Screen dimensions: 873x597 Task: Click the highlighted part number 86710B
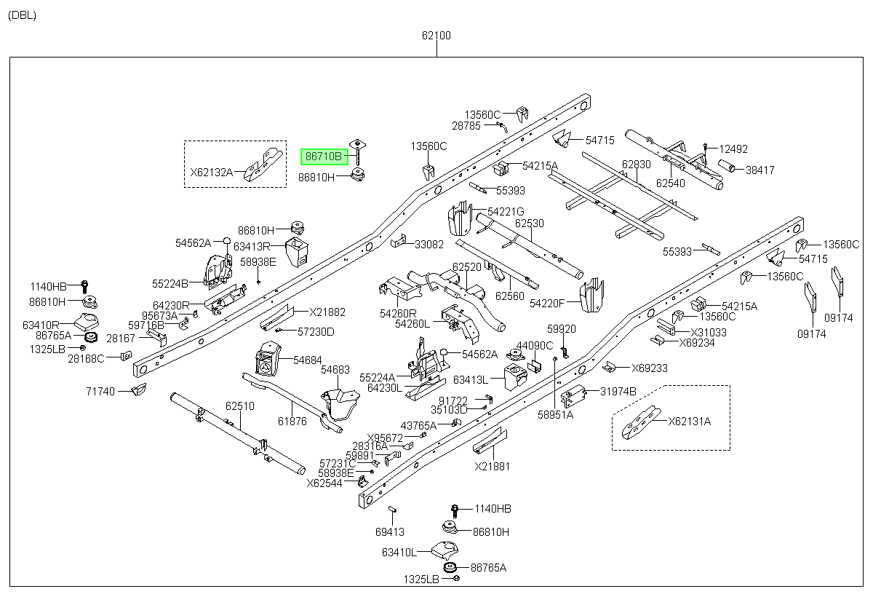click(x=324, y=157)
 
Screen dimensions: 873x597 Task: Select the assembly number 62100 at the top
click(x=436, y=36)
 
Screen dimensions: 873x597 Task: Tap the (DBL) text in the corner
click(x=23, y=15)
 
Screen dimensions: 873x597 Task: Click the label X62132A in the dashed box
click(x=211, y=173)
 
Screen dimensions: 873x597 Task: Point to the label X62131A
click(x=690, y=422)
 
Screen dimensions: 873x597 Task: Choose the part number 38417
click(x=760, y=170)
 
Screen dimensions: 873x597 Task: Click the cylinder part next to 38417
click(x=727, y=166)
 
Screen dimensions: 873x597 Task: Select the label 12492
click(x=733, y=149)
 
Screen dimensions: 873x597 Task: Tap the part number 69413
click(x=390, y=532)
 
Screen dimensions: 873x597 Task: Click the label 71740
click(x=100, y=391)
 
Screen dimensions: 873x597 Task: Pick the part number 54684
click(x=308, y=360)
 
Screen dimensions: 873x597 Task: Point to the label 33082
click(x=429, y=245)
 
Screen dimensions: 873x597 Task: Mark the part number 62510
click(x=239, y=406)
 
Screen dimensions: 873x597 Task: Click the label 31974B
click(x=618, y=391)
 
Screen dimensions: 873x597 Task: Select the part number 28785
click(x=466, y=126)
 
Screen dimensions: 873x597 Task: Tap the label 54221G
click(x=506, y=212)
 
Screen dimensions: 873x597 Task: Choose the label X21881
click(x=493, y=467)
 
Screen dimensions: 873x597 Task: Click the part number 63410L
click(x=399, y=552)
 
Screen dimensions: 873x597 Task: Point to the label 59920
click(x=561, y=329)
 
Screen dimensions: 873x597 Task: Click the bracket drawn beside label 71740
click(x=139, y=390)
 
